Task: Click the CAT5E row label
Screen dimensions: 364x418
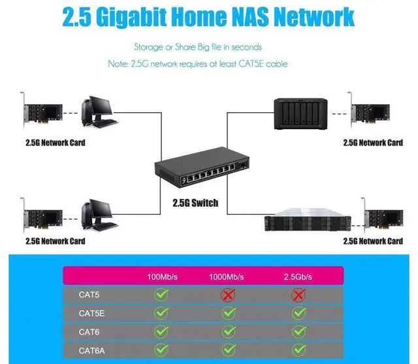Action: click(x=91, y=313)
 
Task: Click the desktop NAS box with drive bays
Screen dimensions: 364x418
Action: click(x=297, y=114)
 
